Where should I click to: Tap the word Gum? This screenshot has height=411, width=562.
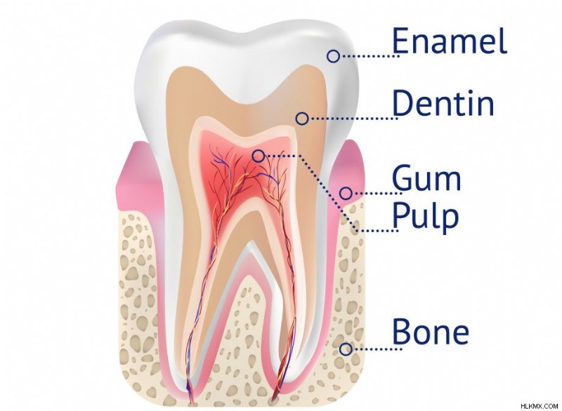[426, 177]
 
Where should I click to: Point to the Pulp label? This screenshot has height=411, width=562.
[426, 215]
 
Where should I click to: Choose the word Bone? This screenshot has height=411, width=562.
[431, 331]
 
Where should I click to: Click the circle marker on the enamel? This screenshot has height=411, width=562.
[333, 56]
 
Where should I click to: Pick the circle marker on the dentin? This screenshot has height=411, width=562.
[302, 119]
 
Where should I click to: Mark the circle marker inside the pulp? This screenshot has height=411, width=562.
[259, 156]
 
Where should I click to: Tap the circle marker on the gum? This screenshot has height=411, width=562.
[346, 193]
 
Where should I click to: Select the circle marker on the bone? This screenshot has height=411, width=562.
[346, 349]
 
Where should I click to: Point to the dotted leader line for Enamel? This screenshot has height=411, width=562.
[370, 56]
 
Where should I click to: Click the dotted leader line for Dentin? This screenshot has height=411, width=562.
[353, 119]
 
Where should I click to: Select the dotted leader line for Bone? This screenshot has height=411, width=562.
[377, 349]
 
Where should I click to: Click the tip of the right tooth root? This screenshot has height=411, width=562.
[275, 403]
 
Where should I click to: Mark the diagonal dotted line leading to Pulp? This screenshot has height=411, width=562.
[328, 193]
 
